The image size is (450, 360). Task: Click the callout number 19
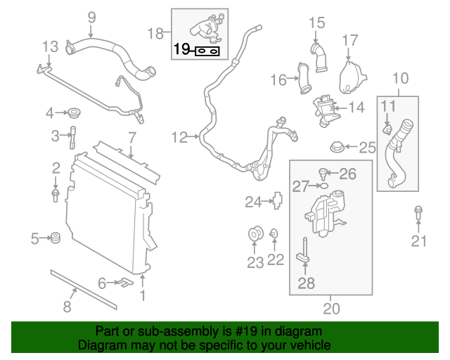(x=181, y=50)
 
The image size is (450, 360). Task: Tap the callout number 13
(x=50, y=48)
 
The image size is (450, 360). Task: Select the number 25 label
(x=368, y=147)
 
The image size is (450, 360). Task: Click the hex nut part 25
(x=337, y=148)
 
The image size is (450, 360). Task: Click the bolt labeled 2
(x=56, y=193)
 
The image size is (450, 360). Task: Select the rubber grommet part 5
(x=56, y=239)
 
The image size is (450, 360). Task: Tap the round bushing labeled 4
(x=72, y=112)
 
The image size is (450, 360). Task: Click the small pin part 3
(x=72, y=135)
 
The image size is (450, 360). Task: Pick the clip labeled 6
(x=124, y=283)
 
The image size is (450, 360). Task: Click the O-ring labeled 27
(x=323, y=186)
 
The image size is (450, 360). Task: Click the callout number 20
(x=330, y=307)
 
